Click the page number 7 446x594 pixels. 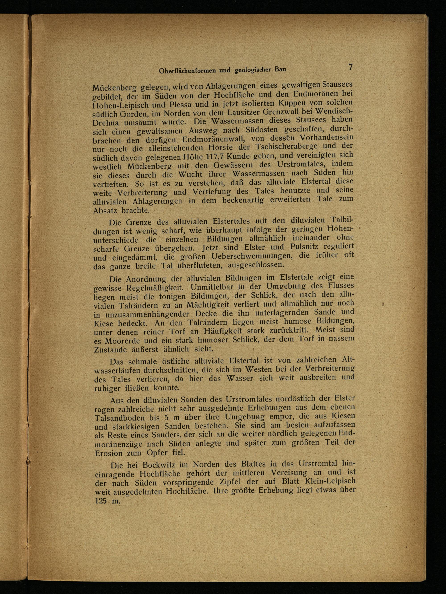350,67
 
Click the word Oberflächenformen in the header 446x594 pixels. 191,71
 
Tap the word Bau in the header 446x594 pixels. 280,69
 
